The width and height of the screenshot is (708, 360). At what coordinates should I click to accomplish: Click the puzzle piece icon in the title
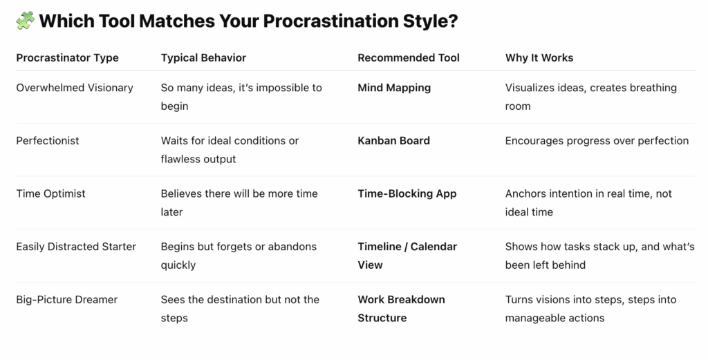pos(26,21)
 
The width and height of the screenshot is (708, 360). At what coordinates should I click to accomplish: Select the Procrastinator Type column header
pos(67,58)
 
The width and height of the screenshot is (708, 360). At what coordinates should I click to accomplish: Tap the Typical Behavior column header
pos(204,58)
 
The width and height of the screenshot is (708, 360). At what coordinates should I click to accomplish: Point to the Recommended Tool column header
pos(409,58)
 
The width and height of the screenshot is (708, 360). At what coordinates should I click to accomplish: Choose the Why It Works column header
pos(539,58)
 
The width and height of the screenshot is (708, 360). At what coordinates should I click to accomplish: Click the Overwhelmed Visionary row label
pos(75,88)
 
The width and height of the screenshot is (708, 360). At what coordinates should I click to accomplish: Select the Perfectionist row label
pos(48,141)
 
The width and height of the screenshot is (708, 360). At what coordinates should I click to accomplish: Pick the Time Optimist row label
pos(50,193)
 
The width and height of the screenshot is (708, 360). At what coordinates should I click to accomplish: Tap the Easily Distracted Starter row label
pos(76,247)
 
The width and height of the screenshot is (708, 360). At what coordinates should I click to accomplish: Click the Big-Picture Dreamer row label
pos(67,300)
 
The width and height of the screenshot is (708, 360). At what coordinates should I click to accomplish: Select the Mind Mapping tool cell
pos(394,88)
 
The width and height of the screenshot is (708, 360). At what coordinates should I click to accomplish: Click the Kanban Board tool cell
pos(393,141)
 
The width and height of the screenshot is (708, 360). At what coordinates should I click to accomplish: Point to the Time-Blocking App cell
pos(407,193)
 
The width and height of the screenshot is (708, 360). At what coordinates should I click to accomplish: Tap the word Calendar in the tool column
pos(434,247)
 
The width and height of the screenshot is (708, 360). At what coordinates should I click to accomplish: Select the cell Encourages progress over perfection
pos(597,141)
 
